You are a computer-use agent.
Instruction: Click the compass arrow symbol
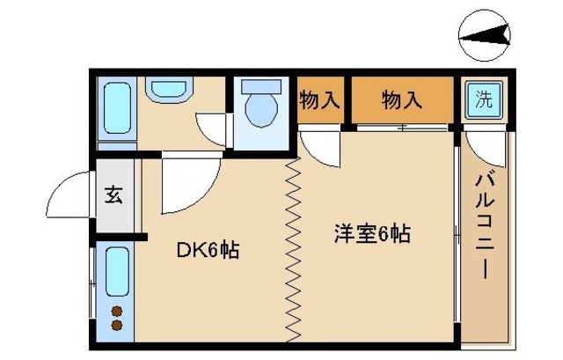(485, 36)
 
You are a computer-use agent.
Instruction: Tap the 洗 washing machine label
(483, 99)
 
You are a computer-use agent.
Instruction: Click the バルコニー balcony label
(483, 225)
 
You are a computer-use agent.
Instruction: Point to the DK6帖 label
(208, 250)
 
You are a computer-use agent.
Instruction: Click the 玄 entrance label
(113, 195)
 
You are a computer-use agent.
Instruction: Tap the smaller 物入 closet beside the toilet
(319, 99)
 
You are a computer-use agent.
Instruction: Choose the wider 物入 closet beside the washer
(402, 99)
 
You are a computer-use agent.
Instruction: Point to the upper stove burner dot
(116, 310)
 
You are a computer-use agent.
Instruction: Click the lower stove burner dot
(116, 325)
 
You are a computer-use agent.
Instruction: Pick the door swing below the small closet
(319, 145)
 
